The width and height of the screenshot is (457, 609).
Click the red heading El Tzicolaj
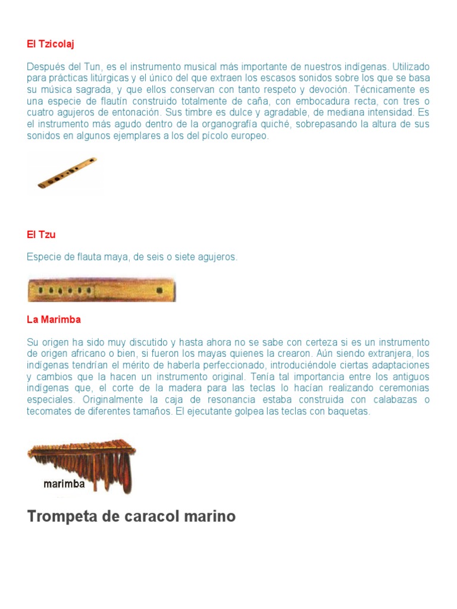coord(50,44)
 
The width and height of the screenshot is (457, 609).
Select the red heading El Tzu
coord(41,234)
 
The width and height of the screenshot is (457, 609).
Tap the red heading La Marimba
coord(54,319)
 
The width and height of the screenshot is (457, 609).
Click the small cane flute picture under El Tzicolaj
coord(67,173)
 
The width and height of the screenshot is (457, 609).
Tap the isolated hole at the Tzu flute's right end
coord(159,290)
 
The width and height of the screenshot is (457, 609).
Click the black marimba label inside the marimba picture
coord(64,484)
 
